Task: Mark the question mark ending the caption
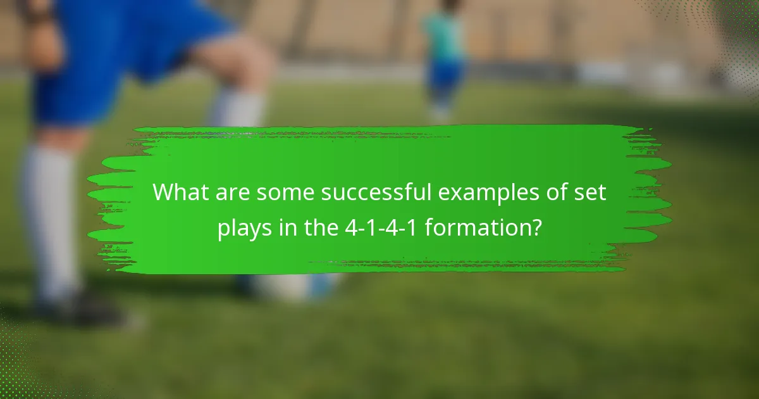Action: [535, 227]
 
